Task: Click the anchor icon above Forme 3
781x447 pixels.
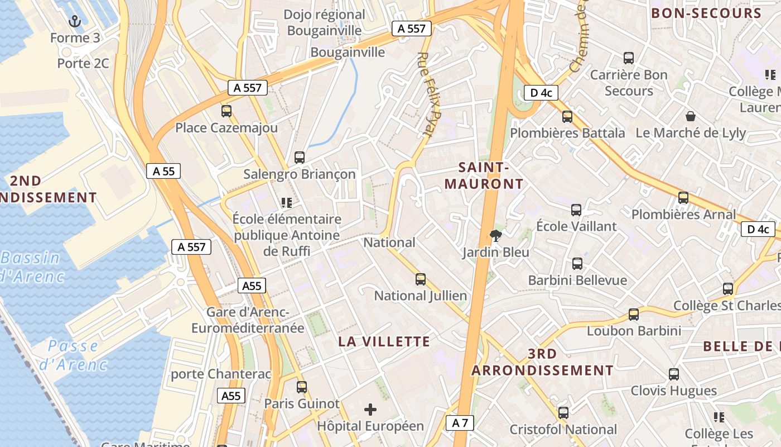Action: pyautogui.click(x=74, y=22)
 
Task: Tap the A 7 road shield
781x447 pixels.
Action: pyautogui.click(x=460, y=423)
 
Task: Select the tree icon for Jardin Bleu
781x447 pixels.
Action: pyautogui.click(x=495, y=236)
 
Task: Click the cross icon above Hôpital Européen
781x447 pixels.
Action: pyautogui.click(x=370, y=410)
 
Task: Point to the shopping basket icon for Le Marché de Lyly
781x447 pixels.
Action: pyautogui.click(x=691, y=116)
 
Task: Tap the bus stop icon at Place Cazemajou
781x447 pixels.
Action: pyautogui.click(x=226, y=111)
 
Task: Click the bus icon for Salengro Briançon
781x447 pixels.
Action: pyautogui.click(x=300, y=157)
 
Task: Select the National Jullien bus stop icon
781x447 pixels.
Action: pyautogui.click(x=421, y=279)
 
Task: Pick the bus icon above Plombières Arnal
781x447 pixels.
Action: pyautogui.click(x=683, y=197)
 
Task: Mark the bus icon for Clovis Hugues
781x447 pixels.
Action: pyautogui.click(x=674, y=374)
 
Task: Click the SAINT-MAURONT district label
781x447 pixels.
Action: pyautogui.click(x=484, y=175)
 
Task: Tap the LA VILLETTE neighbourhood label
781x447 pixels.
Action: pyautogui.click(x=384, y=341)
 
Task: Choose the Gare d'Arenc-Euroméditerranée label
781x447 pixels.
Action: pyautogui.click(x=248, y=320)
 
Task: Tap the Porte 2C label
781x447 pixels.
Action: pyautogui.click(x=83, y=63)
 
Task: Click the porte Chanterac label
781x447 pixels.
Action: pyautogui.click(x=221, y=374)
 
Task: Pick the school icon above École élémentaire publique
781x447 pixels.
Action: pyautogui.click(x=287, y=202)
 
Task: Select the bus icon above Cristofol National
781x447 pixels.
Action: pyautogui.click(x=563, y=413)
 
